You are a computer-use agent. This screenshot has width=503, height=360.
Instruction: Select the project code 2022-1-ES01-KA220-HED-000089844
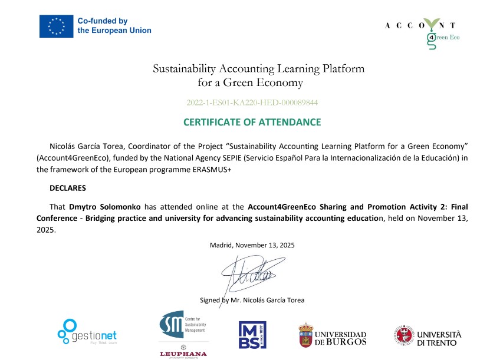[x=252, y=102]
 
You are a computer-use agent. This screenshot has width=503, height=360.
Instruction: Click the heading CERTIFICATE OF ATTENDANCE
[x=252, y=122]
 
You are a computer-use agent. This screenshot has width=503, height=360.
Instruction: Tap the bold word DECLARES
[x=68, y=188]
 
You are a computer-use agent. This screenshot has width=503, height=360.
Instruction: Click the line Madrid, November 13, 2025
[x=252, y=245]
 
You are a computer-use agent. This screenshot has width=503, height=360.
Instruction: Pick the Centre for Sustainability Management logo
[x=182, y=325]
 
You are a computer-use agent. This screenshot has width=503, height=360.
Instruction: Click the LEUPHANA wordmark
[x=183, y=354]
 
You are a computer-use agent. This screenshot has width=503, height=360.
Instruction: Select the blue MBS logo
[x=252, y=335]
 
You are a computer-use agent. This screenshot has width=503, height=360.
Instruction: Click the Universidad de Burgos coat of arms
[x=305, y=334]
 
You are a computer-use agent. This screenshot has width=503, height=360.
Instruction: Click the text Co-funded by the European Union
[x=114, y=26]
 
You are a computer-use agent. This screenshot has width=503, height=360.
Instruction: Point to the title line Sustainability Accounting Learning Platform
[x=258, y=68]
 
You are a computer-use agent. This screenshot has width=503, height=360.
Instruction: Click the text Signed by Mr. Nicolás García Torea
[x=252, y=300]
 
